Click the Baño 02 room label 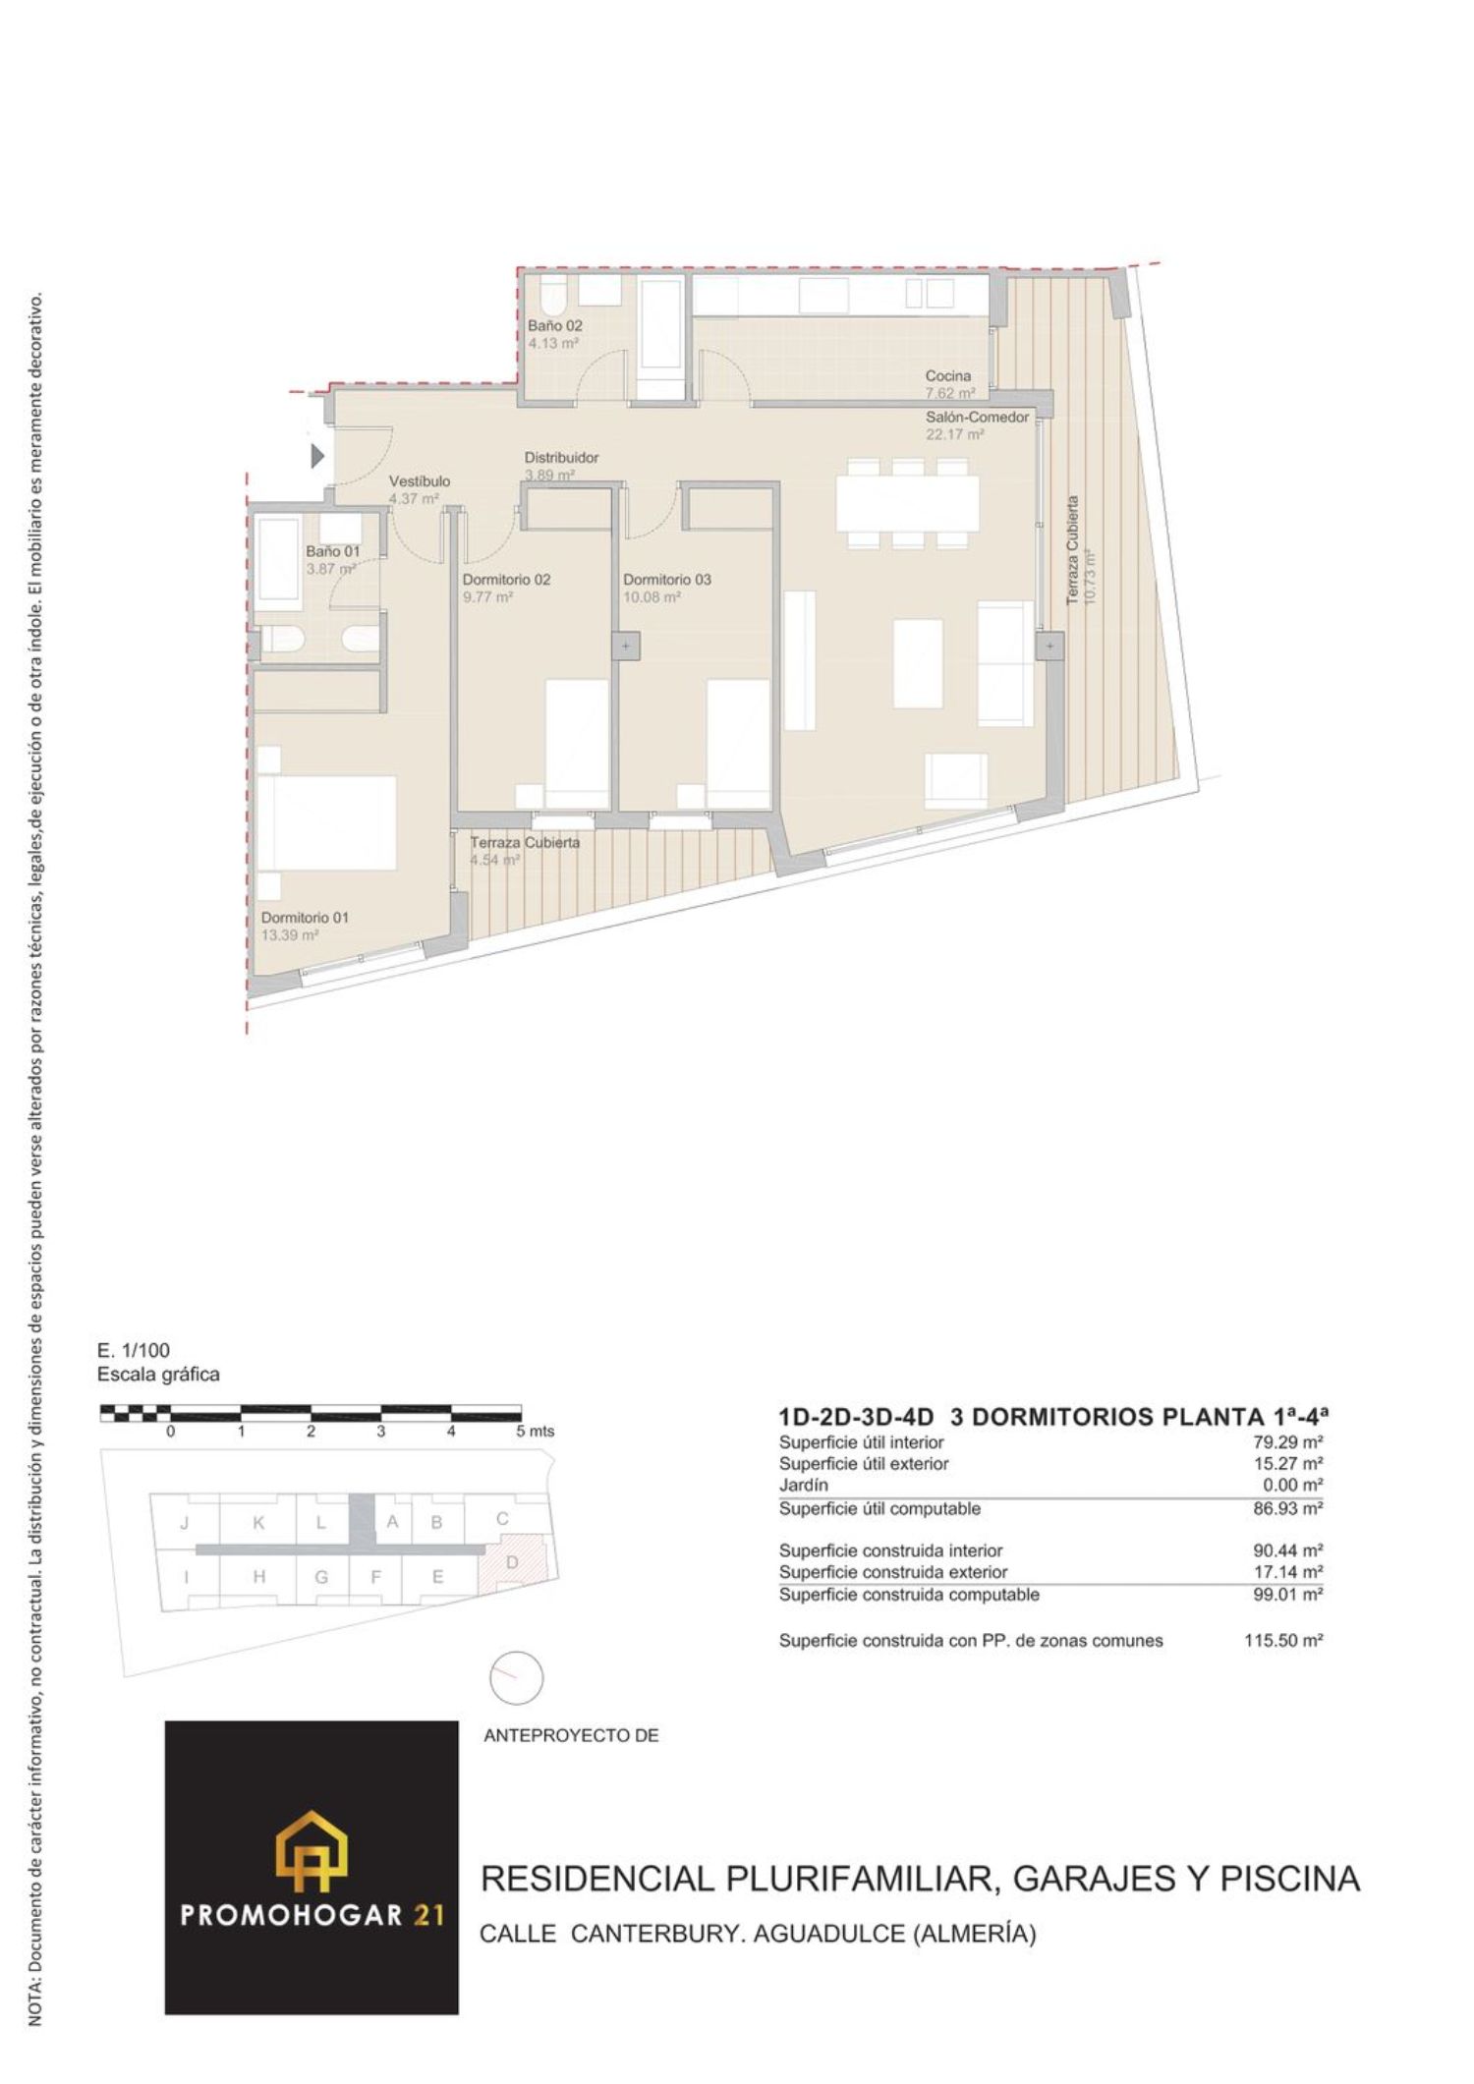(555, 325)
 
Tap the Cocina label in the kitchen (947, 375)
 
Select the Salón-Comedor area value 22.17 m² (954, 434)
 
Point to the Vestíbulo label (420, 481)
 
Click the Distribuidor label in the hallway (561, 458)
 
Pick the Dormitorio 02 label (507, 580)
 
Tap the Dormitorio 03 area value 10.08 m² (652, 597)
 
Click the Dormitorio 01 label (305, 918)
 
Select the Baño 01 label (333, 551)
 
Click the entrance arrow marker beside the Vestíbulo (317, 457)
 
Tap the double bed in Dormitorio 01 (327, 822)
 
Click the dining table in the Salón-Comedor (908, 503)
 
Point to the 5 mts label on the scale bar (536, 1432)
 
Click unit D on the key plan (512, 1562)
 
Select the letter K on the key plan (258, 1523)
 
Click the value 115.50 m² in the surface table (1283, 1640)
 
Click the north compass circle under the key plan (516, 1677)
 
